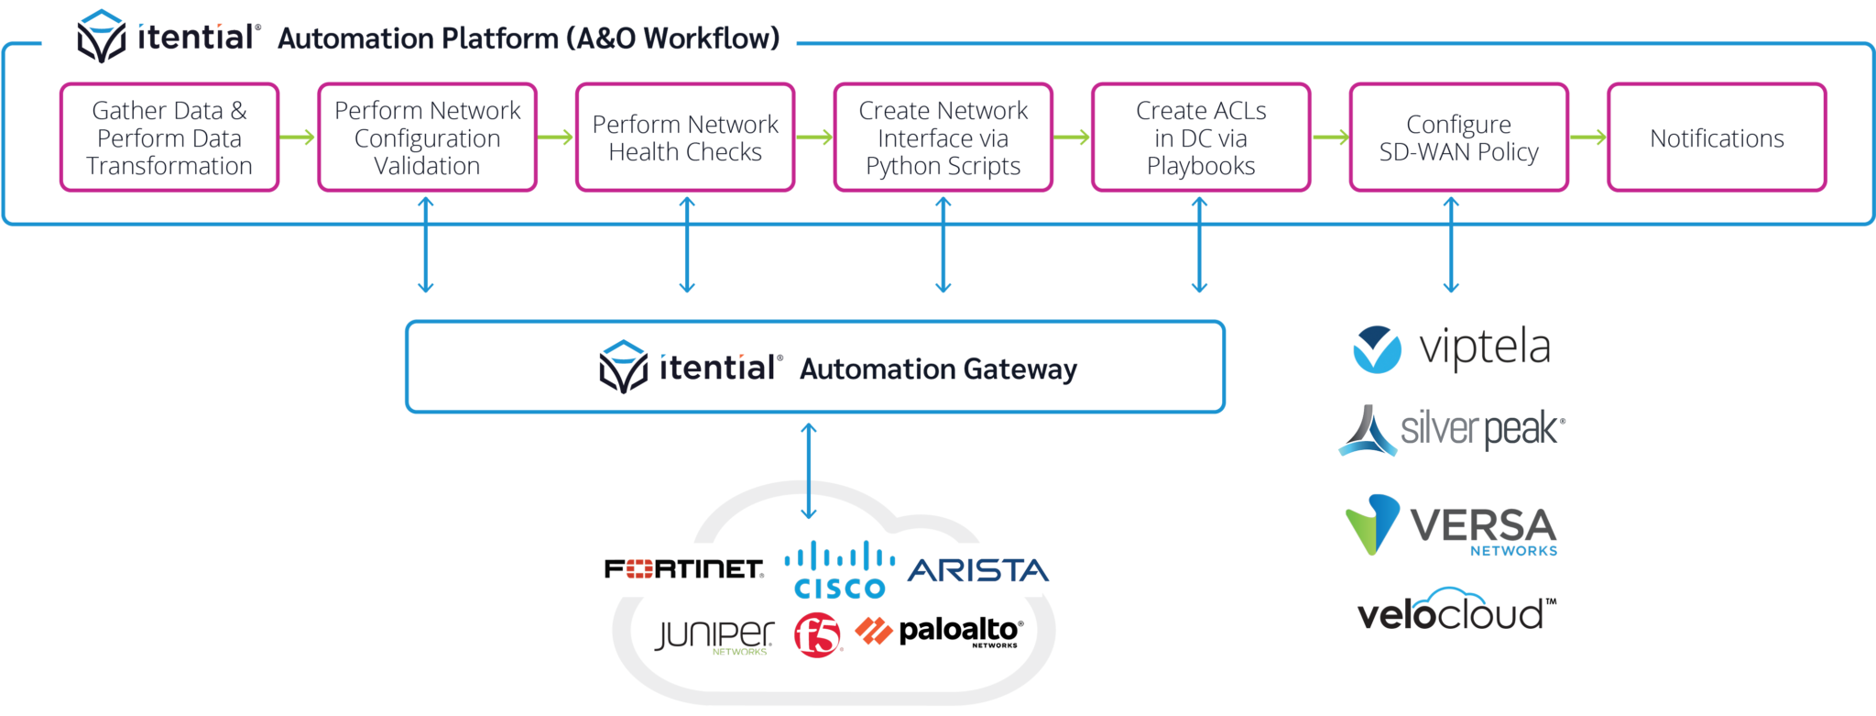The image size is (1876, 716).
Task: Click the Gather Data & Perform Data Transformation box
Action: pos(169,138)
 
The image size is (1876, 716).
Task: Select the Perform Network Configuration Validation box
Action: pos(427,138)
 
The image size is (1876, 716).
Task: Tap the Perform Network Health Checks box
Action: pos(685,138)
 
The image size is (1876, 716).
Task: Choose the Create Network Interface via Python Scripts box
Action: pos(943,138)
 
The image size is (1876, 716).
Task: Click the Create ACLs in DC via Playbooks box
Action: pos(1201,138)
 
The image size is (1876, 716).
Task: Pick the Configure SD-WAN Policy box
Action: pos(1458,138)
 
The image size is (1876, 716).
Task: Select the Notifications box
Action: pos(1717,138)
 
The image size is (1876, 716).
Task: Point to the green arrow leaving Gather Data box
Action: pos(298,138)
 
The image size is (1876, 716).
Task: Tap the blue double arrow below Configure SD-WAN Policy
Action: pos(1451,245)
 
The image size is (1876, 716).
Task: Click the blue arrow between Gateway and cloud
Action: pos(808,470)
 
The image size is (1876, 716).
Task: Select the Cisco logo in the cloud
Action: pos(840,570)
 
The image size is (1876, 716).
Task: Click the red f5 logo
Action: pos(817,635)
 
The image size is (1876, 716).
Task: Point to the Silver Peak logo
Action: pos(1452,429)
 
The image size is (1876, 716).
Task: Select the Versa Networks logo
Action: pos(1452,526)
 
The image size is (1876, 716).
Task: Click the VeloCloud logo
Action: pos(1450,611)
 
